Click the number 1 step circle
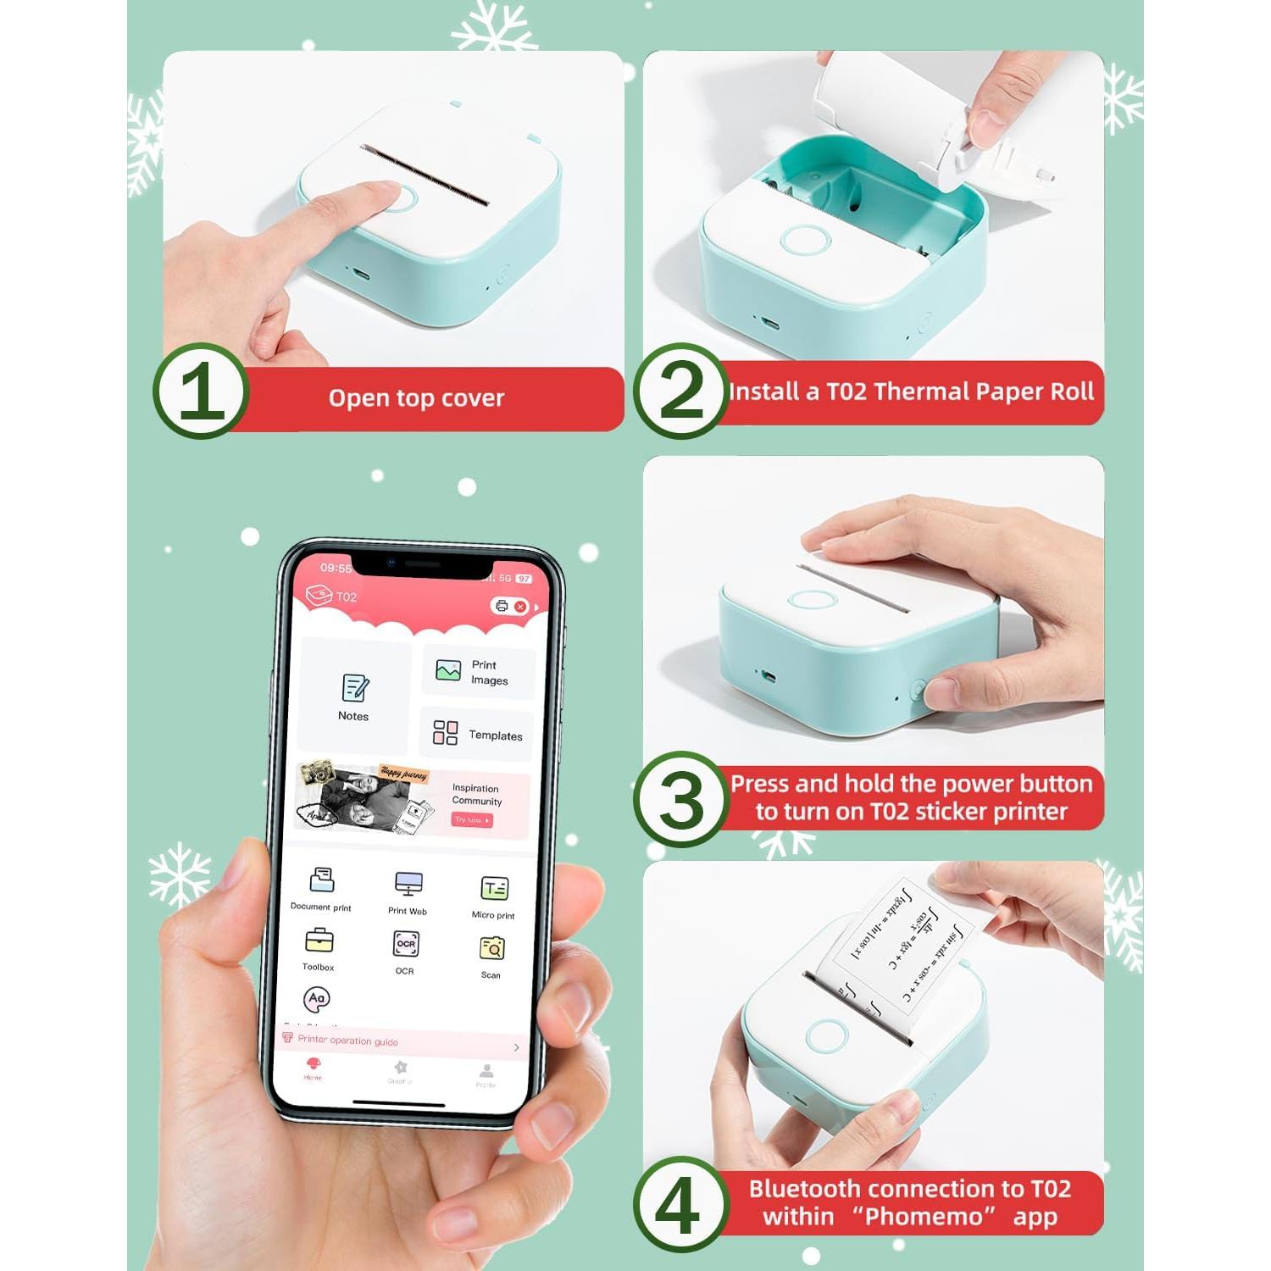point(201,391)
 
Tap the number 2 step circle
point(680,391)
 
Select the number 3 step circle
point(680,799)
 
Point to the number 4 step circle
point(680,1204)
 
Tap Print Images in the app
point(478,673)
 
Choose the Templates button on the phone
point(478,733)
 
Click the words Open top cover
point(416,398)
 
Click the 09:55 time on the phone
point(336,568)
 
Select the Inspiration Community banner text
point(476,795)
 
